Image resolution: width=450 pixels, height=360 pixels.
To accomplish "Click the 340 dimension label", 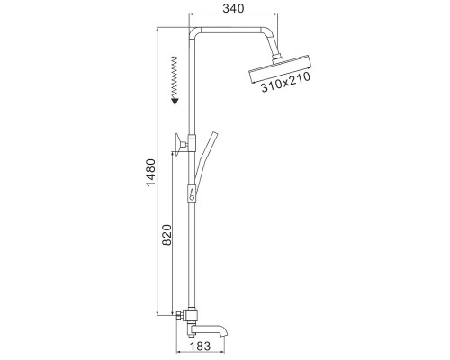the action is click(233, 8).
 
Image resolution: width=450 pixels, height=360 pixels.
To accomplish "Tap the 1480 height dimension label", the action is click(151, 172).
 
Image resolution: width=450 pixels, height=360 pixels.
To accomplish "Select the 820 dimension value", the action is click(166, 235).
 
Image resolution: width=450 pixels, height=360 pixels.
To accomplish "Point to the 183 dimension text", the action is click(200, 346).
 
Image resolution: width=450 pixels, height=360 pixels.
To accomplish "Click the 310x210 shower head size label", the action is click(285, 82).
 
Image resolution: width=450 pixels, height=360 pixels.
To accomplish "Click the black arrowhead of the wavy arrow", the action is click(175, 101).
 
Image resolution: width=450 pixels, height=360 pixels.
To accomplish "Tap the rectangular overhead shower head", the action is click(281, 69).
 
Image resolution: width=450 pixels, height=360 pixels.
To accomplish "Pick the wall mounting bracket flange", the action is click(177, 145).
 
